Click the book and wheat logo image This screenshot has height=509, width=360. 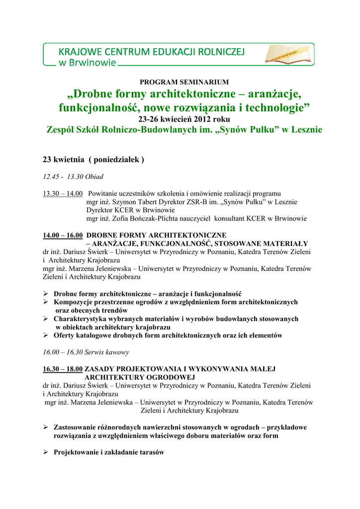pos(288,54)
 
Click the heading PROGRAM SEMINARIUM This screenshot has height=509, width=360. pos(184,82)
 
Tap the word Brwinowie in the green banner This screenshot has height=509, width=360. pos(92,63)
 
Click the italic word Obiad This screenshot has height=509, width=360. pos(94,176)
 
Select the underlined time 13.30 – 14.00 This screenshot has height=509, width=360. pos(63,193)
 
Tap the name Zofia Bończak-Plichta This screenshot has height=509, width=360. pos(154,218)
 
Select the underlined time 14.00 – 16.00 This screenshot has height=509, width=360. pos(63,235)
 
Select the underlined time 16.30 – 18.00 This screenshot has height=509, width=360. pos(63,369)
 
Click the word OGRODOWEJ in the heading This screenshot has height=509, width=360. pos(170,377)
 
